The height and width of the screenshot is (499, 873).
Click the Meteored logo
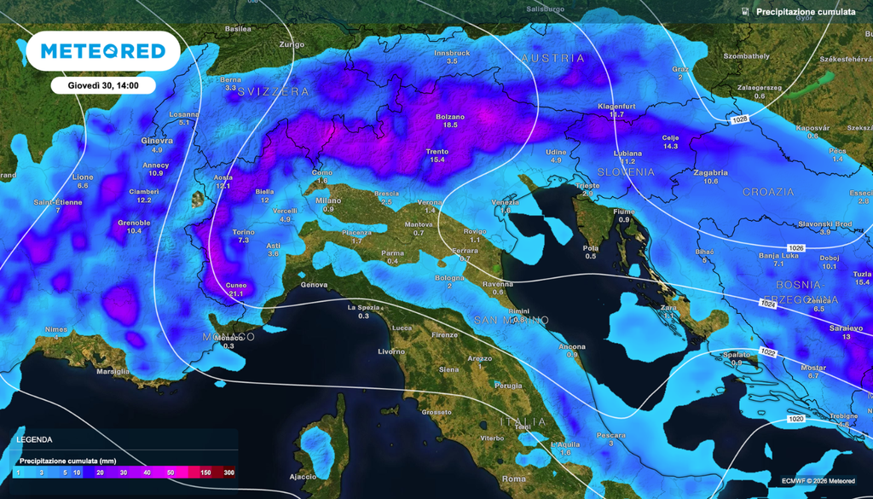coord(102,51)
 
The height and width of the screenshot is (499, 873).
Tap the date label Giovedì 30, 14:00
coord(102,85)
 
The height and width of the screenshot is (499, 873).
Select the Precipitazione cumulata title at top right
coord(805,12)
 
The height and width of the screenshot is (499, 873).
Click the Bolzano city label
coord(450,117)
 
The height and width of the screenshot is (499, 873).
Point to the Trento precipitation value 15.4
coord(437,160)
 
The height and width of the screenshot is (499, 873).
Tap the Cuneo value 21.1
coord(236,293)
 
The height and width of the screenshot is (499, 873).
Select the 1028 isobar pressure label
coord(738,120)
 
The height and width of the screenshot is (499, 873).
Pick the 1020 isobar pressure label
coord(795,419)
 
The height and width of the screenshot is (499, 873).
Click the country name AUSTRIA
coord(552,59)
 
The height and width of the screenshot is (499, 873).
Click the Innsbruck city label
coord(452,53)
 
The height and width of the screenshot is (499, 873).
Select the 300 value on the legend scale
coord(228,473)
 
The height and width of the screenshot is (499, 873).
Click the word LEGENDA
coord(34,440)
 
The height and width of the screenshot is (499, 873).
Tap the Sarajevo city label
coord(846,328)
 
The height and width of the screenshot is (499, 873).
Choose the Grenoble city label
coord(134,223)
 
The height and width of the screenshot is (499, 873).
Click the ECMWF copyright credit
coord(818,481)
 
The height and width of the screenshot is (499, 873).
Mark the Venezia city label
coord(506,201)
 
